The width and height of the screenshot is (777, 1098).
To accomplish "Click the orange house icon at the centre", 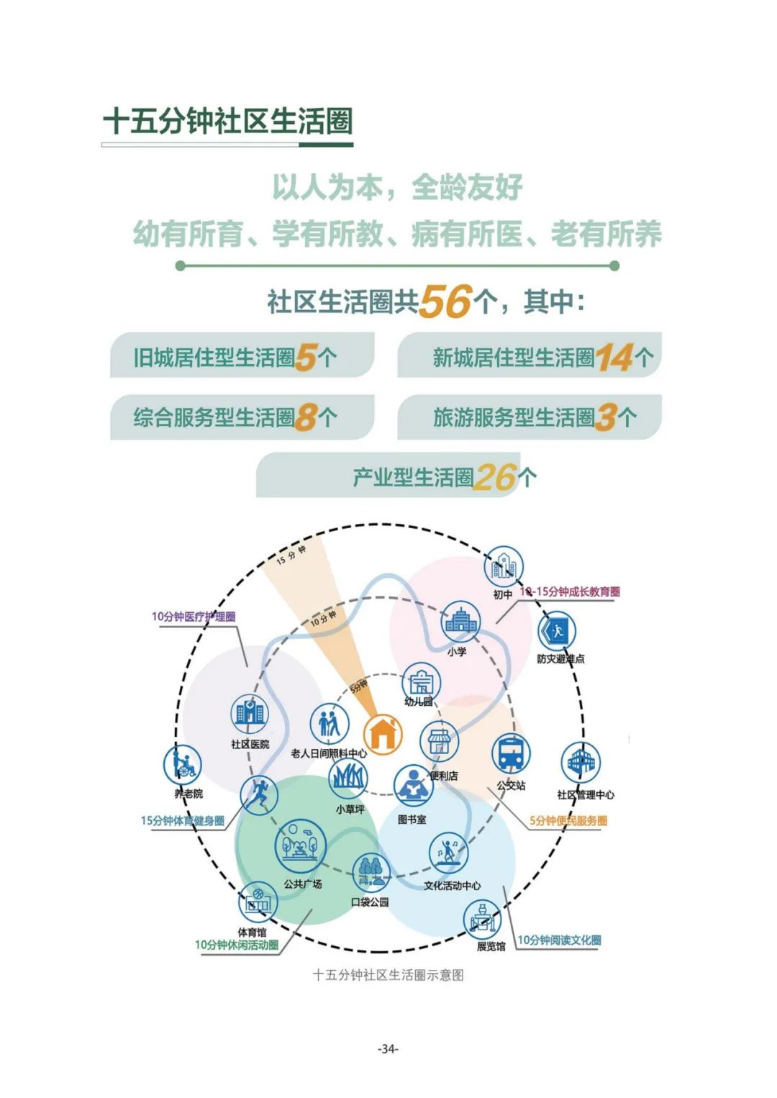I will click(383, 733).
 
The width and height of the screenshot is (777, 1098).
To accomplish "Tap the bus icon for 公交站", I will click(512, 753).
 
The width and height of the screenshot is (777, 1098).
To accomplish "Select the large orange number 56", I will click(445, 301).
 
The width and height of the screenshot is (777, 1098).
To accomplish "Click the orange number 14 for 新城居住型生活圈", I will click(614, 358).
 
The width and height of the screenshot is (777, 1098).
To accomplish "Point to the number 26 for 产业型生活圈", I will click(496, 477).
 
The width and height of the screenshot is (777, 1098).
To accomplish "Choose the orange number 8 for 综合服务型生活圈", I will click(306, 417).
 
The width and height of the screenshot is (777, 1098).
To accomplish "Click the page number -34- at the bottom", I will click(388, 1048).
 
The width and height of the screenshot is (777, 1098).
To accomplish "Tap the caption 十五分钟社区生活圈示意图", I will click(388, 975).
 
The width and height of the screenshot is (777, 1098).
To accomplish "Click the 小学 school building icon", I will click(460, 622).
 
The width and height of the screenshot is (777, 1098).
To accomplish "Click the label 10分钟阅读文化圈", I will click(559, 940).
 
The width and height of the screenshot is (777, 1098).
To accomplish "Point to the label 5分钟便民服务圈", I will click(568, 820).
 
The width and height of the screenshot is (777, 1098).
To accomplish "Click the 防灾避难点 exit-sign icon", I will click(557, 632).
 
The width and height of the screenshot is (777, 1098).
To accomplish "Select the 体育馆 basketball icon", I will click(258, 902).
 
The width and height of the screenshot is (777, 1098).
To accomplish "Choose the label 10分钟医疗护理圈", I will click(193, 617).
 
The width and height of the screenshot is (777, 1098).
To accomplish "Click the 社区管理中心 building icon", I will click(581, 763).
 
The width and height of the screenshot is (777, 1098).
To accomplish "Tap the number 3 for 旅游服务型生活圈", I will click(606, 417).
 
